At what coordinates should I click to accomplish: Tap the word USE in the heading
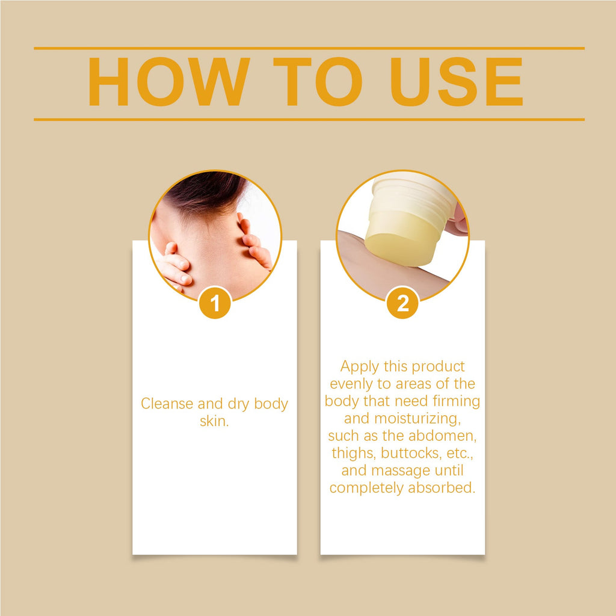(457, 83)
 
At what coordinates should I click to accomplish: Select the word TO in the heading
(317, 83)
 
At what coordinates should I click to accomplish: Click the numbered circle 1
(215, 303)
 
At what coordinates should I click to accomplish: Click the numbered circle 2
(402, 303)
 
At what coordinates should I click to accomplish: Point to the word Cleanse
(167, 404)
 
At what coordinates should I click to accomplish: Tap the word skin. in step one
(215, 421)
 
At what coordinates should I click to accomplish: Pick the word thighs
(353, 453)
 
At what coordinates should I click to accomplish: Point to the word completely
(366, 488)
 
